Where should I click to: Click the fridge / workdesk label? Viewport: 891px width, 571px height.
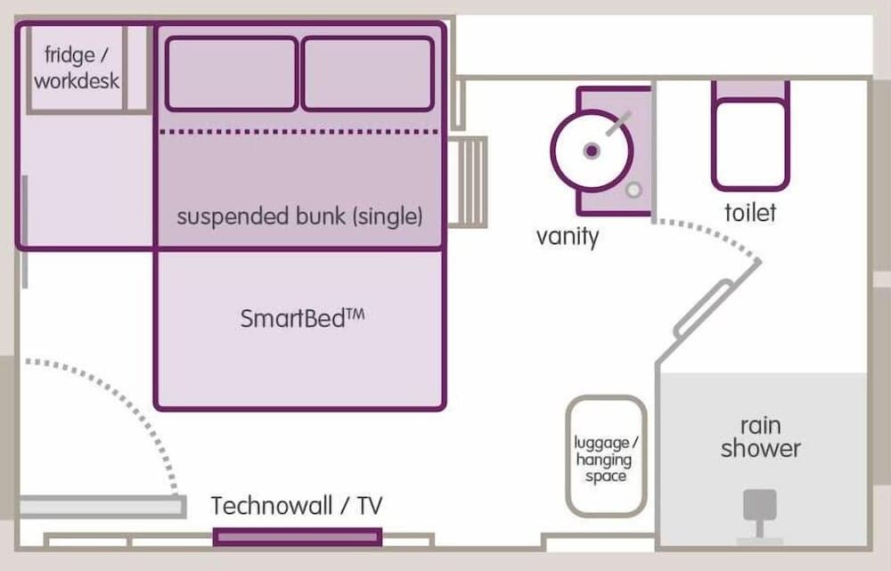click(x=76, y=69)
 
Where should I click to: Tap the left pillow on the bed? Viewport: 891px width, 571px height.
click(x=232, y=73)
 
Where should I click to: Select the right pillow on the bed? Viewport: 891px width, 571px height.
click(x=368, y=73)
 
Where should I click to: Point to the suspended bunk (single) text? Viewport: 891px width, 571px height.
click(x=299, y=216)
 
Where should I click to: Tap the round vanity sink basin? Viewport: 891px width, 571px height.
click(x=591, y=151)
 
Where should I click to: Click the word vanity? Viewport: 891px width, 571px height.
click(x=568, y=237)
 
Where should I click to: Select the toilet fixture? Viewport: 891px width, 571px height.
click(x=750, y=138)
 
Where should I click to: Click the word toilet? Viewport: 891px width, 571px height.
click(x=750, y=213)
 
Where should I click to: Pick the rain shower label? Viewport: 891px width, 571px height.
click(x=760, y=436)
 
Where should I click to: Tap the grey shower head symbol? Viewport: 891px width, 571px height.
click(x=760, y=508)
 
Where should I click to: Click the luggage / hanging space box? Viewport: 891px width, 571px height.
click(x=606, y=456)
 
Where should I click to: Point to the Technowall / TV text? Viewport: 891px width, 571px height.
click(x=297, y=506)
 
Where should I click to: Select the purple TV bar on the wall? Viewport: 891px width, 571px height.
click(x=298, y=537)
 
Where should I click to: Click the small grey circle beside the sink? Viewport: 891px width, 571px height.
click(x=634, y=190)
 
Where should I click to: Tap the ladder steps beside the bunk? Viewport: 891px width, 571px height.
click(x=470, y=182)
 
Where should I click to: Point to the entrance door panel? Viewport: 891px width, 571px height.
click(x=98, y=508)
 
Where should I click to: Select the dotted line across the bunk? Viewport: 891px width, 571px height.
click(x=299, y=132)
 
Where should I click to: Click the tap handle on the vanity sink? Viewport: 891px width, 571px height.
click(x=617, y=124)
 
